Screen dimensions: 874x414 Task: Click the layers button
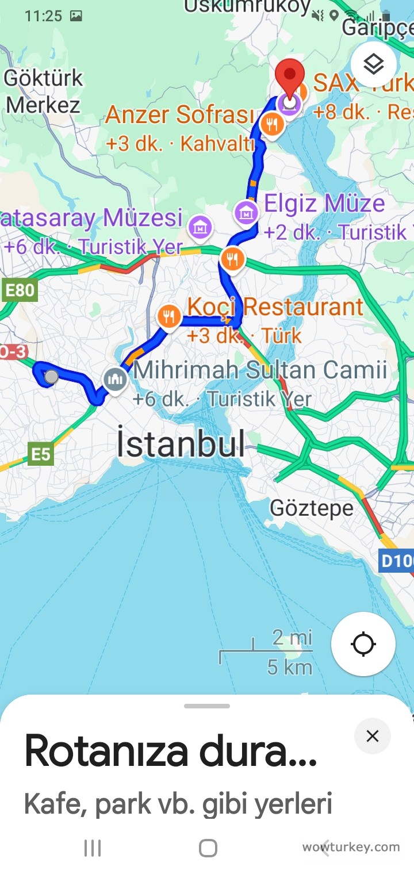(374, 64)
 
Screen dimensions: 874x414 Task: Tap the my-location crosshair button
(363, 643)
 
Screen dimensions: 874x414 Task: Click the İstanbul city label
(181, 443)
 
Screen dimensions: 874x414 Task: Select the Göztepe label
(312, 508)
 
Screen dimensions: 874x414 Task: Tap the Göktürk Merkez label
(43, 91)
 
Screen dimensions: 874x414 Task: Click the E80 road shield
(20, 290)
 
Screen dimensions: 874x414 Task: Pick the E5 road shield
(40, 455)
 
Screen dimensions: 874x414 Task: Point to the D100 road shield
(397, 561)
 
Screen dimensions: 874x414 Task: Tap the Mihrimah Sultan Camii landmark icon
(116, 379)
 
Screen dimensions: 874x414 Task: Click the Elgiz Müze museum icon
(247, 213)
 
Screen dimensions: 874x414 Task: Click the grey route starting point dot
(51, 377)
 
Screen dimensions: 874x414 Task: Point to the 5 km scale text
(290, 667)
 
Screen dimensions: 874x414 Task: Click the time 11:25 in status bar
(43, 16)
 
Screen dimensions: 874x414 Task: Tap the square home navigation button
(208, 848)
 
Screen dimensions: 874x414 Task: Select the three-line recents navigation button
(93, 848)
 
